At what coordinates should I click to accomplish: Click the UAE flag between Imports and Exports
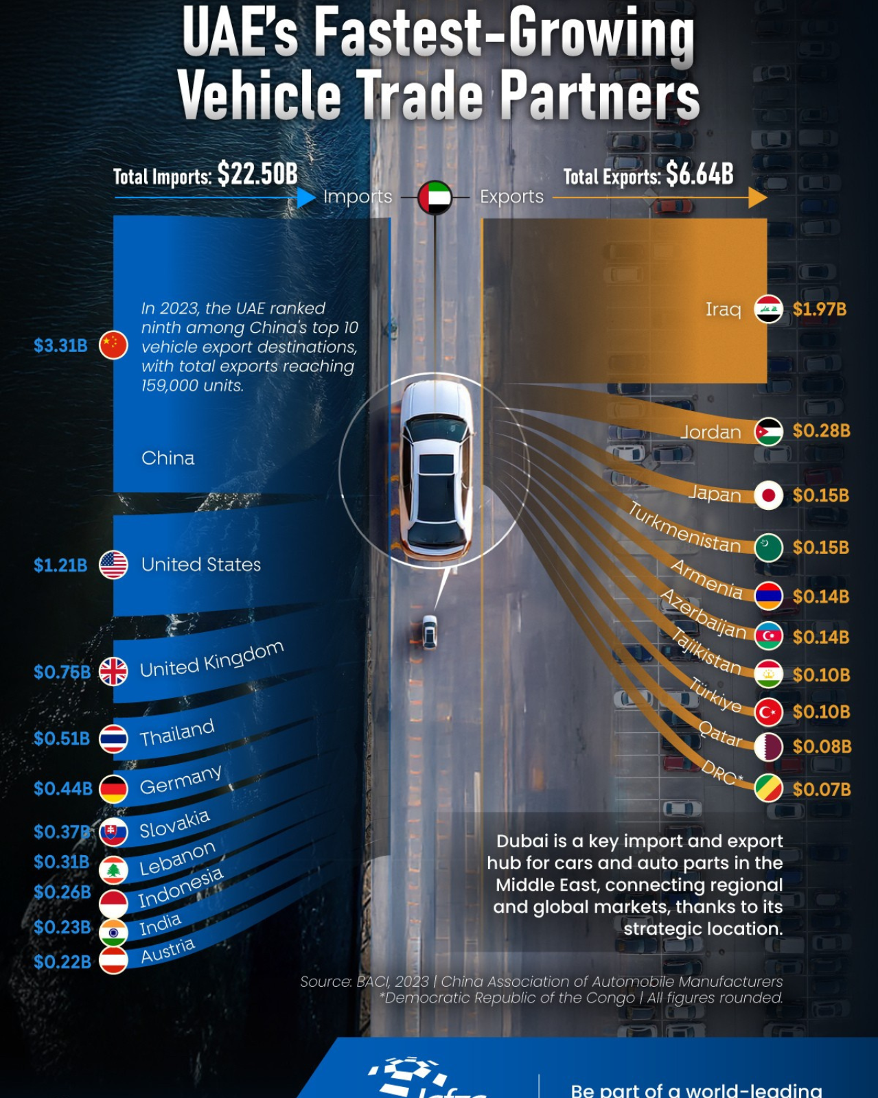coord(435,198)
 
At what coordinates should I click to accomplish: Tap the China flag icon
coord(113,345)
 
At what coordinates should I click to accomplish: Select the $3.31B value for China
coord(61,345)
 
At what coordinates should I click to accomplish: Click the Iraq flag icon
coord(768,309)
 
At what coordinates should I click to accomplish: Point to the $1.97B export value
coord(819,309)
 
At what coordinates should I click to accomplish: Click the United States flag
coord(113,565)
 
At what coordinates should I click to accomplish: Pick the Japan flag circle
coord(768,495)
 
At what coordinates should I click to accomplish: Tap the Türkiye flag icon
coord(768,712)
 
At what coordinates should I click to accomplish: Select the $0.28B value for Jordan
coord(821,431)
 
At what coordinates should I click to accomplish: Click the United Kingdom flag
coord(113,672)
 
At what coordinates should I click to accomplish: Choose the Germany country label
coord(181,780)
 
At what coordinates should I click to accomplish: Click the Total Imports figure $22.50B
coord(257,174)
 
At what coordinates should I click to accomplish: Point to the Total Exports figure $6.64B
coord(699,174)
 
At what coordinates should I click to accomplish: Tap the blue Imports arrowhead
coord(306,198)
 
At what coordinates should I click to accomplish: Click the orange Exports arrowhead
coord(758,198)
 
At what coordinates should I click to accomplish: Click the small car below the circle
coord(430,632)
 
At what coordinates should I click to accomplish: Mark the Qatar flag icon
coord(768,747)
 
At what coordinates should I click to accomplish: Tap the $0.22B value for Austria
coord(62,962)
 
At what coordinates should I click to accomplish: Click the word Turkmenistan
coord(684,528)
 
